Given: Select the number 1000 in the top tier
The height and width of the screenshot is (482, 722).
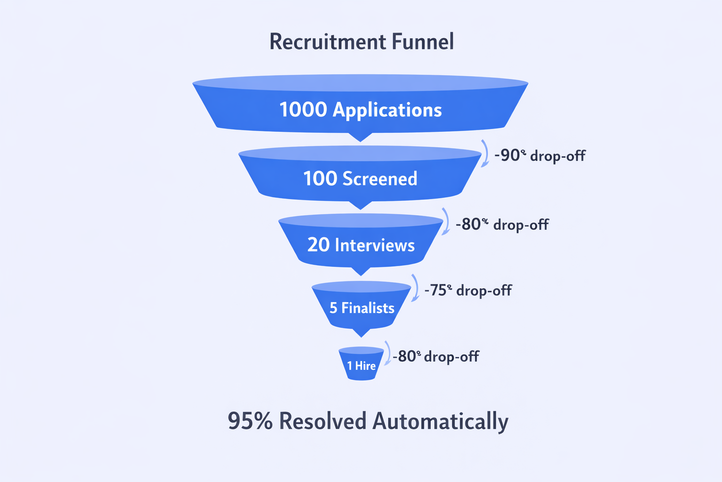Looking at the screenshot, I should pyautogui.click(x=303, y=110).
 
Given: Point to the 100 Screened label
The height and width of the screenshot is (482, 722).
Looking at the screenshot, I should pyautogui.click(x=360, y=179).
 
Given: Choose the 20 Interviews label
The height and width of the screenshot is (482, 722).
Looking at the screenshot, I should pyautogui.click(x=361, y=245).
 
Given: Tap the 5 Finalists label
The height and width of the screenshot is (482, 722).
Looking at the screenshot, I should pyautogui.click(x=362, y=308).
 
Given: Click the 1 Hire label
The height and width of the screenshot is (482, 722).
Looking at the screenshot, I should pyautogui.click(x=361, y=366).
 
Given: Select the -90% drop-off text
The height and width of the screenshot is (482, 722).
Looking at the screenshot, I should pyautogui.click(x=540, y=155).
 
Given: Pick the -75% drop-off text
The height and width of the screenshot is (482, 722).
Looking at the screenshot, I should pyautogui.click(x=468, y=290).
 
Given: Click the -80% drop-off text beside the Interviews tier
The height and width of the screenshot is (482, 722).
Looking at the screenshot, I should pyautogui.click(x=502, y=225).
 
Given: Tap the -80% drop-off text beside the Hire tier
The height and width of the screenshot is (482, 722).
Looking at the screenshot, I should pyautogui.click(x=436, y=356).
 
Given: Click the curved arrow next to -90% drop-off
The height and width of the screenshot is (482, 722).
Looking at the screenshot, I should pyautogui.click(x=485, y=153).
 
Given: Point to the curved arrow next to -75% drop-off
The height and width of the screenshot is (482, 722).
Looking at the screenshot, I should pyautogui.click(x=415, y=288).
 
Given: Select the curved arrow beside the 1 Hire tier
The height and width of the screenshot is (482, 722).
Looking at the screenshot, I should pyautogui.click(x=387, y=353).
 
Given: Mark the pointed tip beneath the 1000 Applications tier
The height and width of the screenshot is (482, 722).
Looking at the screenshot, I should pyautogui.click(x=361, y=137).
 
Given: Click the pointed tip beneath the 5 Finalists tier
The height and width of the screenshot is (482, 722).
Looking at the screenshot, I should pyautogui.click(x=361, y=332).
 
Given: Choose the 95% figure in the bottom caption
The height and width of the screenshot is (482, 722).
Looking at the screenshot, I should pyautogui.click(x=250, y=421).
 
